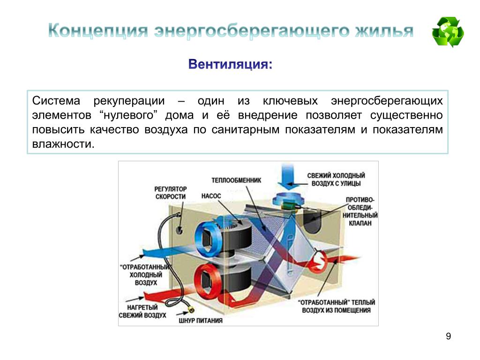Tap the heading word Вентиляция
[x=230, y=64]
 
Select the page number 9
[x=449, y=336]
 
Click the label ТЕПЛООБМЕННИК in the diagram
[x=233, y=180]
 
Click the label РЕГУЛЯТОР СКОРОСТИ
[x=171, y=192]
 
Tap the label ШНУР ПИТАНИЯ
[x=201, y=321]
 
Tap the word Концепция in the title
[x=97, y=31]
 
